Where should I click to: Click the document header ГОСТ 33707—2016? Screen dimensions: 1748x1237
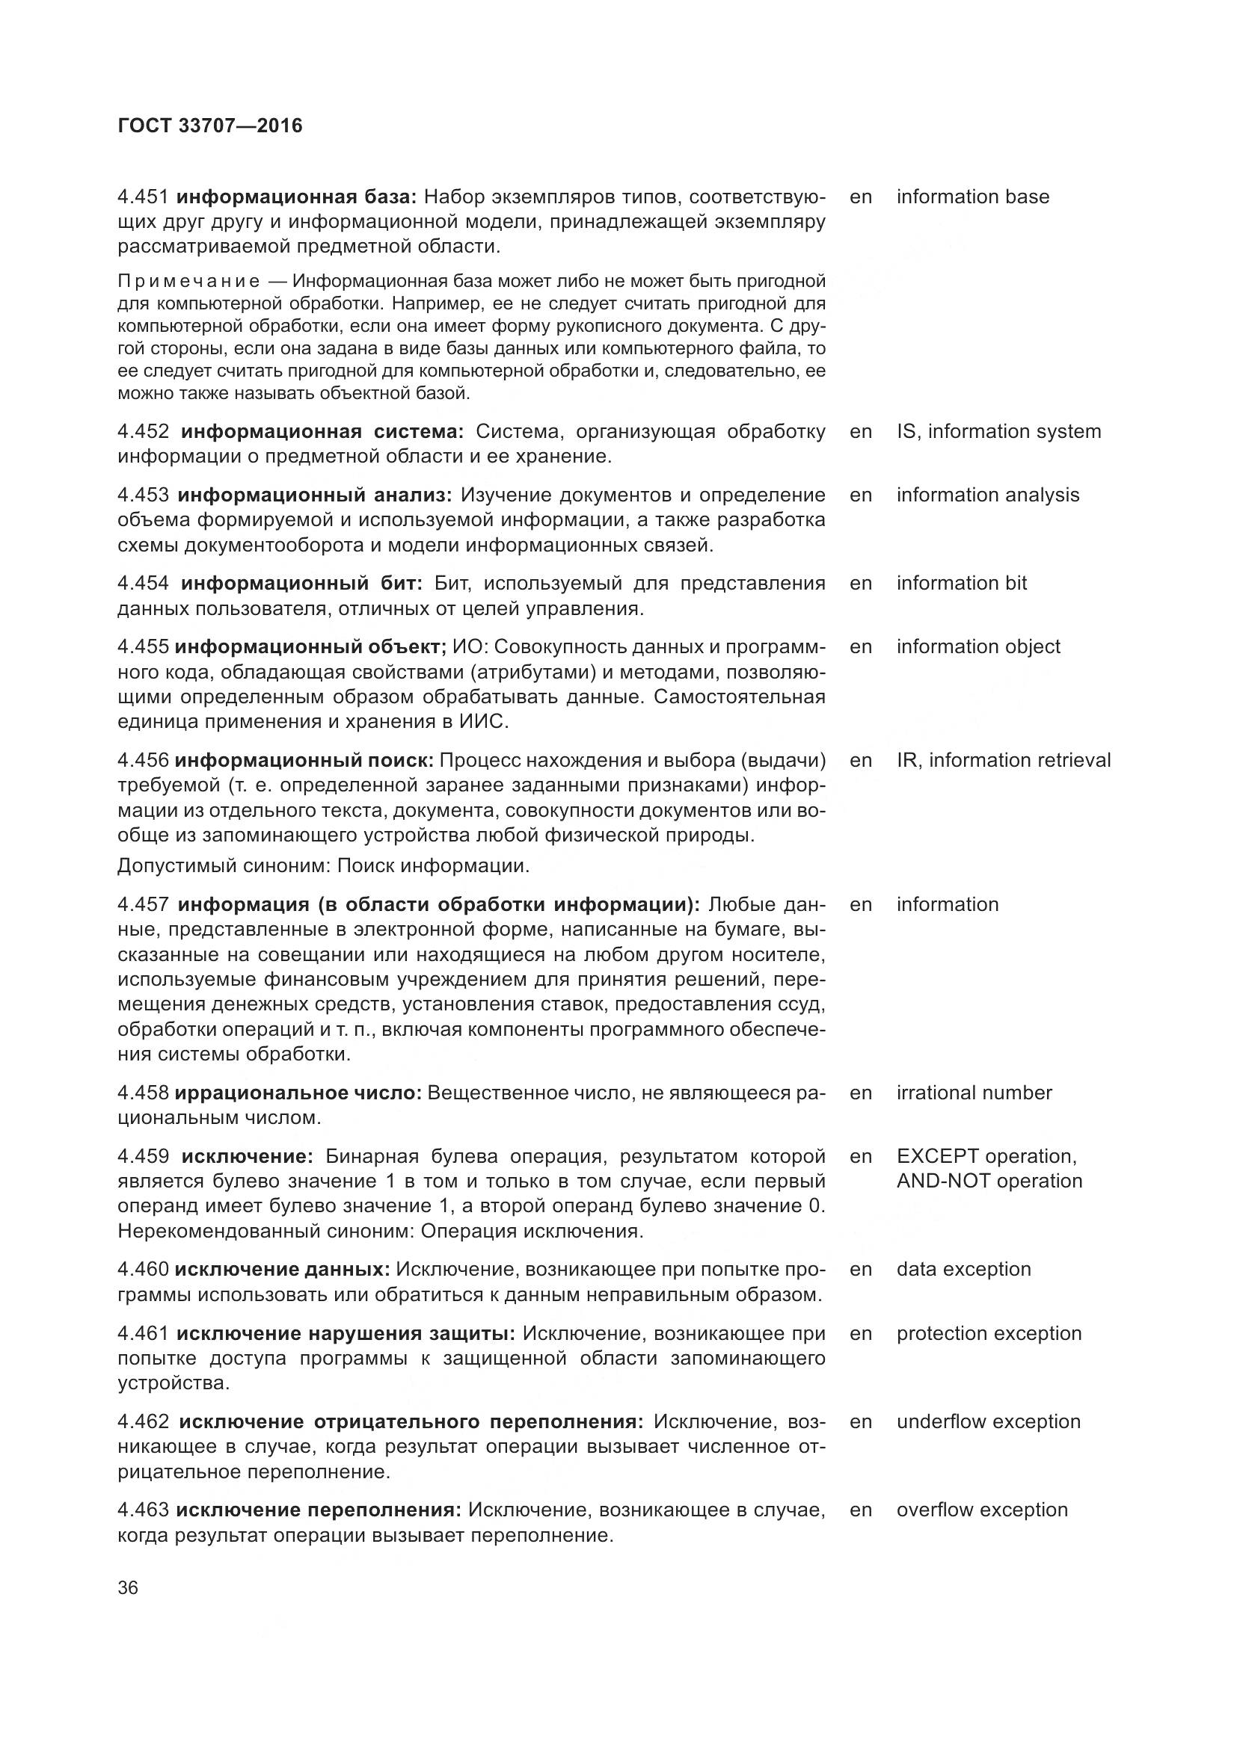[x=209, y=126]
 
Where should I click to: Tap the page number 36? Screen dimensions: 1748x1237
[x=128, y=1587]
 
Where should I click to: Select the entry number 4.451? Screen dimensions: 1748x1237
[x=142, y=197]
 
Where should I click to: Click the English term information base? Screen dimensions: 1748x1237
[x=972, y=197]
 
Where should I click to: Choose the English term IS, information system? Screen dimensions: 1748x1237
[x=998, y=432]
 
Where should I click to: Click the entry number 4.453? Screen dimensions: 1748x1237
[x=143, y=495]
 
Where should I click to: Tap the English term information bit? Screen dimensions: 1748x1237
[x=961, y=583]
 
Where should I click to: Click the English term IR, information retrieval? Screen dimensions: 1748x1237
[x=1003, y=761]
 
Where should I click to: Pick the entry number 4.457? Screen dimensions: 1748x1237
[x=143, y=904]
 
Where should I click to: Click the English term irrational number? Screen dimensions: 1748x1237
[x=974, y=1093]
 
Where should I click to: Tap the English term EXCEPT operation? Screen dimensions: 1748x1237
[x=986, y=1156]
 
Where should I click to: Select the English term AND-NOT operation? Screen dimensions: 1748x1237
[x=989, y=1181]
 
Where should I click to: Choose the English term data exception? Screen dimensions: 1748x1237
[x=963, y=1269]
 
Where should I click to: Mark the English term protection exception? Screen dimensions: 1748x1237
[x=989, y=1333]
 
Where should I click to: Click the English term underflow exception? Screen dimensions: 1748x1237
[x=988, y=1421]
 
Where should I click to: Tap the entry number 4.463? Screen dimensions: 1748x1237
[x=142, y=1510]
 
